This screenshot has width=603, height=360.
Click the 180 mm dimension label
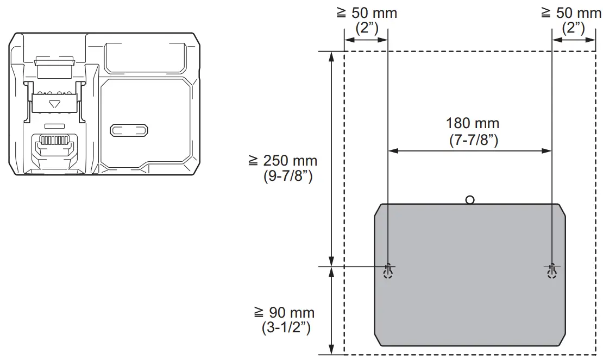472,123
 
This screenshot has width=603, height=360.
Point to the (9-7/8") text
287,176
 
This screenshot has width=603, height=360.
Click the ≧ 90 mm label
284,313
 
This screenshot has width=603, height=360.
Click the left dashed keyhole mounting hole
388,271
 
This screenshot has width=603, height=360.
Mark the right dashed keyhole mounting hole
552,271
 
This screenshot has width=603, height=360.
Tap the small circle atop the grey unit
470,200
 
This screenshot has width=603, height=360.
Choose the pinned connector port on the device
54,144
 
